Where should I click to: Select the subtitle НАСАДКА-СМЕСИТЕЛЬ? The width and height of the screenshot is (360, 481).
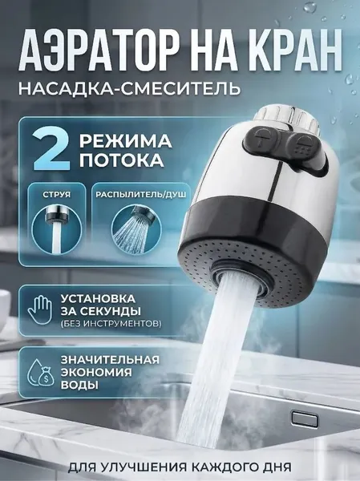[129, 88]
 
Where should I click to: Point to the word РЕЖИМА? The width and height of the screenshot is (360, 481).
[126, 141]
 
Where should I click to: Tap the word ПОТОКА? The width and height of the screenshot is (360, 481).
[122, 160]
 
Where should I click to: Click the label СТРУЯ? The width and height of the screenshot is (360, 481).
[57, 195]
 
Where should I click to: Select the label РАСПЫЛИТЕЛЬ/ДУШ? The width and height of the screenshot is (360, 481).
[141, 195]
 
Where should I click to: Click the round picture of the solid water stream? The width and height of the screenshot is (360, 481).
[57, 228]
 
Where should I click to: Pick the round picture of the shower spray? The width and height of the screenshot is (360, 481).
[136, 230]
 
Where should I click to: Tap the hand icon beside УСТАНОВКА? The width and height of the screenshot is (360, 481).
[40, 309]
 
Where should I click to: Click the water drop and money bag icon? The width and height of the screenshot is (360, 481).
[41, 373]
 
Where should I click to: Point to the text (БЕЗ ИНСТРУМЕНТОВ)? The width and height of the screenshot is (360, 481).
[111, 324]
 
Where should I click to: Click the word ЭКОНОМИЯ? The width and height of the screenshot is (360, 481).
[96, 372]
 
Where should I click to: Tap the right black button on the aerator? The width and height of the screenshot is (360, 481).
[307, 148]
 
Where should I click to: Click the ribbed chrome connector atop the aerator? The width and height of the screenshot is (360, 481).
[288, 119]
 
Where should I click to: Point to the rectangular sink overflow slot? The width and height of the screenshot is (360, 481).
[305, 419]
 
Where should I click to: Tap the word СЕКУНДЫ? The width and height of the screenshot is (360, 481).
[110, 311]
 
